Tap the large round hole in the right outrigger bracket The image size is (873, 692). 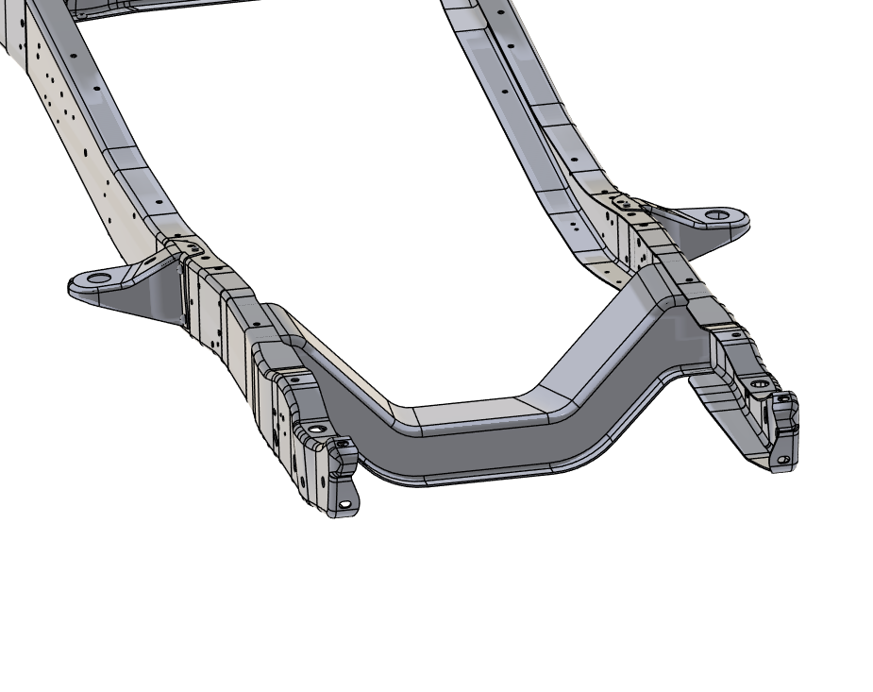click(x=716, y=215)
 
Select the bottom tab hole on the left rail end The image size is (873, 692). click(x=345, y=504)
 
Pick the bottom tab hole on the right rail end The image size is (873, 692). click(x=783, y=460)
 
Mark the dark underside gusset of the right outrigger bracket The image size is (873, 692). click(x=694, y=241)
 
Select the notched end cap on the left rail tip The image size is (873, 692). click(x=330, y=463)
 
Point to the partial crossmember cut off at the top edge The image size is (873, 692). click(x=170, y=8)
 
